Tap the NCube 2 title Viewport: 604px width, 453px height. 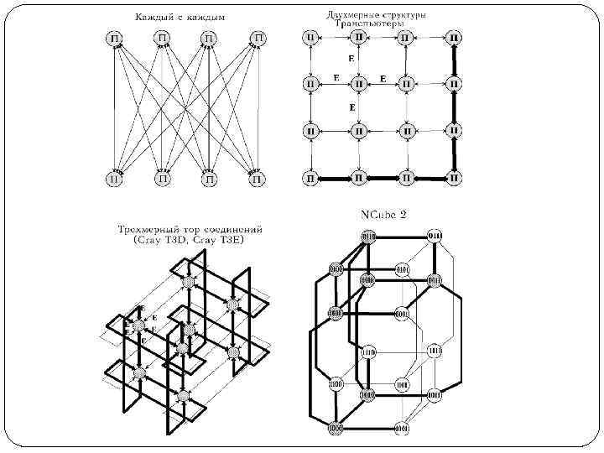[383, 214]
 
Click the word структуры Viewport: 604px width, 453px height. [401, 14]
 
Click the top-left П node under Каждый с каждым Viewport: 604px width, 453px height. [114, 39]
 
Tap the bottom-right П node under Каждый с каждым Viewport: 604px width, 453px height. [258, 178]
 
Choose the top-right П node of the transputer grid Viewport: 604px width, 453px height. [454, 38]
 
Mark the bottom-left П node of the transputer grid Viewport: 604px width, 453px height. [311, 178]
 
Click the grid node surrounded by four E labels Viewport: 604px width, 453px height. [359, 84]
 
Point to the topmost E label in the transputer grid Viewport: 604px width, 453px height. [350, 60]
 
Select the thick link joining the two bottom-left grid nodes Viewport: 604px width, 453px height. [335, 178]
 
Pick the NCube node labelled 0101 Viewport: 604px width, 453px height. [403, 269]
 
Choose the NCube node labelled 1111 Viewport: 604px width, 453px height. [435, 351]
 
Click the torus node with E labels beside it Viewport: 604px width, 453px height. [138, 325]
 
